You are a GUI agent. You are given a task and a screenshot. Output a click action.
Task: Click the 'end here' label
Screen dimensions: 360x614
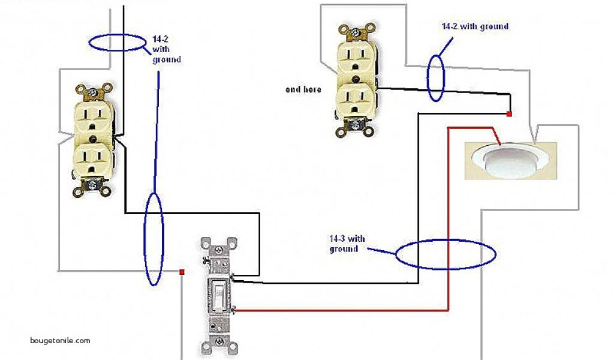click(x=303, y=90)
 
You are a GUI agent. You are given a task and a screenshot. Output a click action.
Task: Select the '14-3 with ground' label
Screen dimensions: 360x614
click(x=347, y=244)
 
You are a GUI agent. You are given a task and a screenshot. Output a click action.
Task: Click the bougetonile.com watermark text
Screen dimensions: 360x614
click(x=60, y=340)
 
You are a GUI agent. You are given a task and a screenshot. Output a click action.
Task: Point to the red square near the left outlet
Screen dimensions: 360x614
click(x=181, y=272)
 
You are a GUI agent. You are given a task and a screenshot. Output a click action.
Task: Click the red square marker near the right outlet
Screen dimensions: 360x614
click(x=509, y=113)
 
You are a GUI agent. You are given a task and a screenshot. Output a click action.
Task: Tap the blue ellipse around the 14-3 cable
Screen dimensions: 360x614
click(x=446, y=254)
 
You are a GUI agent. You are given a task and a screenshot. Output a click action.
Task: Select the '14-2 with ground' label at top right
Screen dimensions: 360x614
click(x=475, y=26)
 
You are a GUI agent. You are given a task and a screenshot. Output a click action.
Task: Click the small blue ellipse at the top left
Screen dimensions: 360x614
click(x=117, y=42)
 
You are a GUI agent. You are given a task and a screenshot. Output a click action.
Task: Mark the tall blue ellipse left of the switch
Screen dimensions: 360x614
click(x=153, y=238)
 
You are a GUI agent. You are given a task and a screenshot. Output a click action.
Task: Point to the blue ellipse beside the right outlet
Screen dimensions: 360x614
click(x=437, y=77)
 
